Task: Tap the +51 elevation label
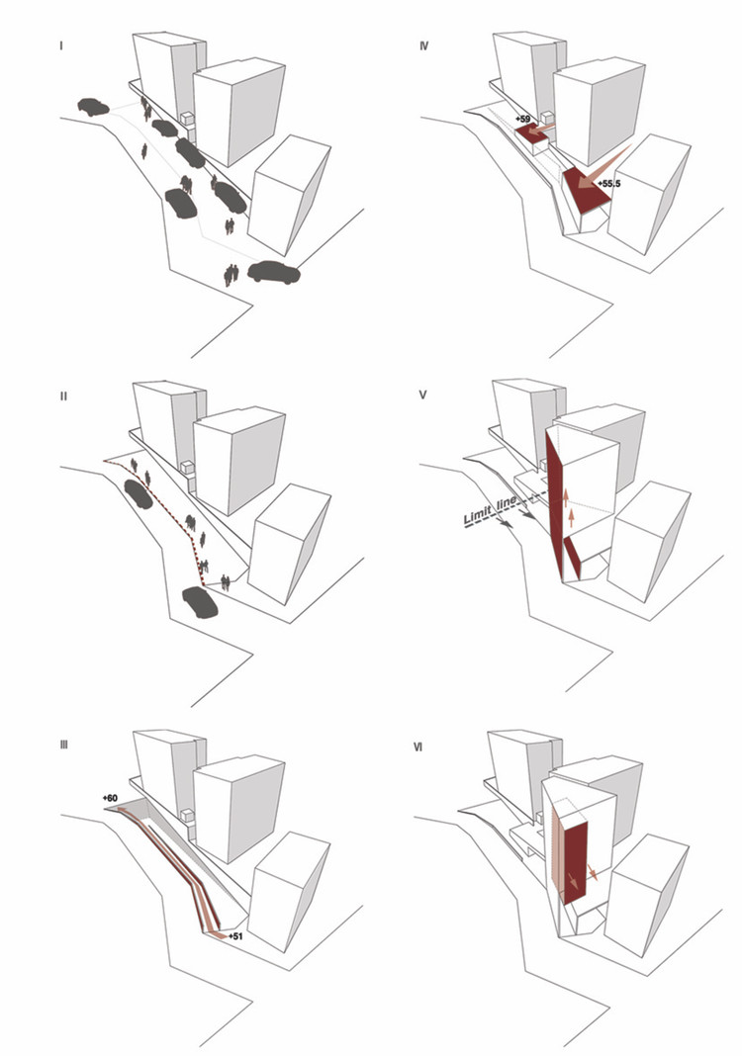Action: click(x=234, y=934)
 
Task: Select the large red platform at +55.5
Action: click(x=583, y=190)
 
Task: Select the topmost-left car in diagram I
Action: click(x=92, y=106)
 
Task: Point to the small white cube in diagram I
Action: click(x=185, y=121)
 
